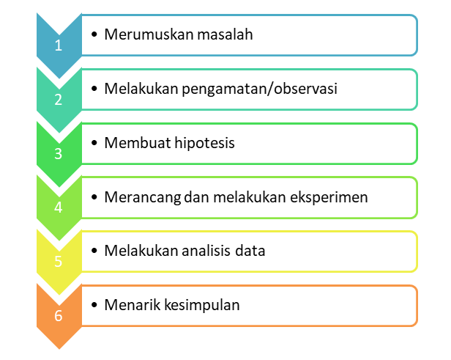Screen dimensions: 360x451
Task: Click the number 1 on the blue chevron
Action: (59, 45)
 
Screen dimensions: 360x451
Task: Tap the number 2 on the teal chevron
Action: (59, 99)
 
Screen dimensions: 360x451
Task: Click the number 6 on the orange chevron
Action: (59, 316)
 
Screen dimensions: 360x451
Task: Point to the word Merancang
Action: (139, 196)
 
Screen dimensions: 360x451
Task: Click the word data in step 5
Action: (250, 251)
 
